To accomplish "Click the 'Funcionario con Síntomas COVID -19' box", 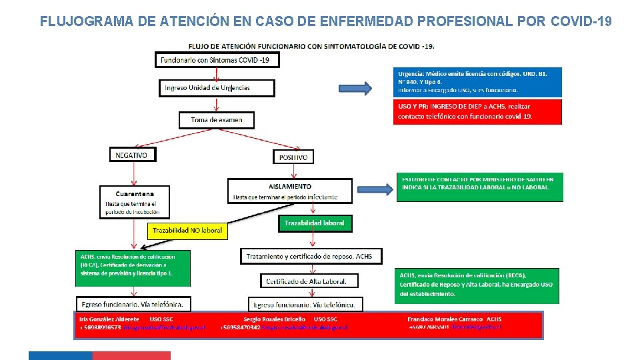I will (x=217, y=60).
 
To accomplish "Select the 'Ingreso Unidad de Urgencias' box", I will (x=217, y=88).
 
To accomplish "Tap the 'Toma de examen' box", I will (x=217, y=120).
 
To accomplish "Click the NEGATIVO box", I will (x=132, y=155).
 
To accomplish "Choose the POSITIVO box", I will (x=293, y=157).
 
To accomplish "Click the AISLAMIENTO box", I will (x=289, y=191).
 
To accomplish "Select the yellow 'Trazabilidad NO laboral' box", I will (x=187, y=231).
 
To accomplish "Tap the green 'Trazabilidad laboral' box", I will (x=315, y=223).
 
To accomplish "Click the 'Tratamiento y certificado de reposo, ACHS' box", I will (x=310, y=256).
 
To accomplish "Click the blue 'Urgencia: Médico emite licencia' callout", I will (x=477, y=81).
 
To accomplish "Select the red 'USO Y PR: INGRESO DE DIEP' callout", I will (x=477, y=112).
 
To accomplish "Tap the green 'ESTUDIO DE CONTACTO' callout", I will (x=479, y=187).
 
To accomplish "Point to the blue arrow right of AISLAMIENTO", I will (x=375, y=188).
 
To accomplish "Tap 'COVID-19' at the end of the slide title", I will (x=581, y=21).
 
